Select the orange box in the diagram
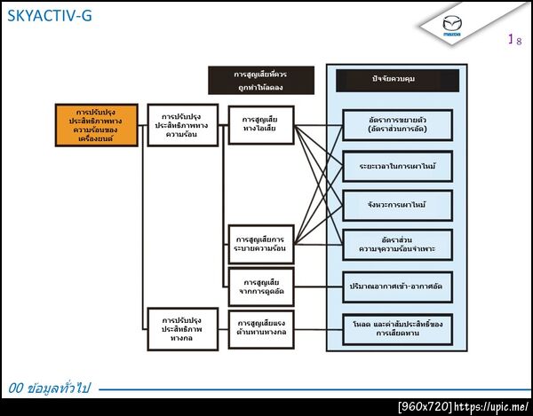tap(96, 125)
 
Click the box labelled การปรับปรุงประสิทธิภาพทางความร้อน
tap(184, 125)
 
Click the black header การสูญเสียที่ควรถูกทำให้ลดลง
tap(260, 80)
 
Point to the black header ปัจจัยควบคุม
tap(397, 80)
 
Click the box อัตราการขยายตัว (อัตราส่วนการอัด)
tap(398, 124)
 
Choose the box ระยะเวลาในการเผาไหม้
tap(398, 166)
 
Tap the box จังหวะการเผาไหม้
tap(398, 205)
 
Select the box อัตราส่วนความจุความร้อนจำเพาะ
tap(398, 245)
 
